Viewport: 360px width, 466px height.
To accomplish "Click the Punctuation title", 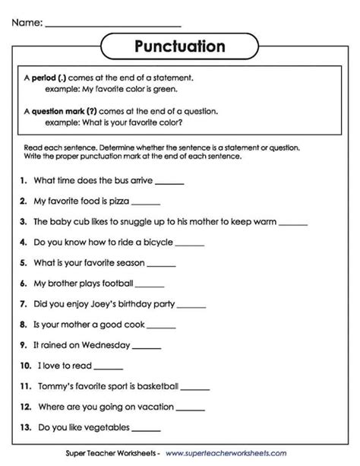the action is point(180,47).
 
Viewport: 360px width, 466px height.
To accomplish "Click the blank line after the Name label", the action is point(113,24).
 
